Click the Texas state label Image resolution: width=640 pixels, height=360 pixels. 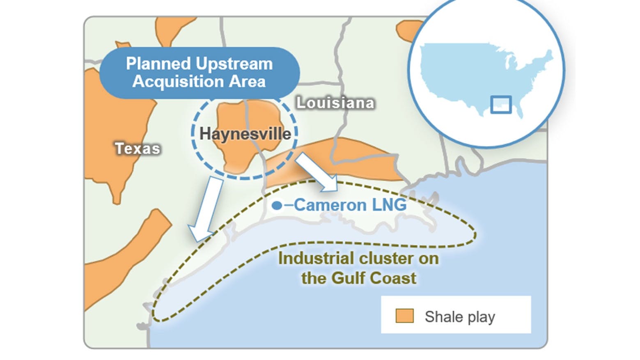[137, 148]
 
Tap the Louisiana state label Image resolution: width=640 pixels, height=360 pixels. [335, 103]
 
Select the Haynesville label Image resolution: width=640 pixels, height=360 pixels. [245, 134]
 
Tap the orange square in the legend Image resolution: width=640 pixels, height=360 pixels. [404, 316]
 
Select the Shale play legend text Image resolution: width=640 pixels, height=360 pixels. [460, 316]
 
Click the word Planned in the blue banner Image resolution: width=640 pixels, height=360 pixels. [158, 64]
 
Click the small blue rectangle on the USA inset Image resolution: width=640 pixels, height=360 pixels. [501, 105]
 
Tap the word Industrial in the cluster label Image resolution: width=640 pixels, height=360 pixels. [317, 259]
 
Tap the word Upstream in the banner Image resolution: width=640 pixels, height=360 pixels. [234, 64]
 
